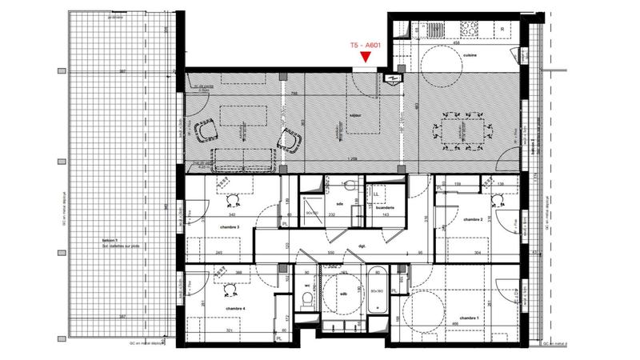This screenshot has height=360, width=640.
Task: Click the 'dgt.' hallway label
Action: tap(362, 246)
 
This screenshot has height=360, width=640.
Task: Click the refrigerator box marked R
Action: tap(502, 29)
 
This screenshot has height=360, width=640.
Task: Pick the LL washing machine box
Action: tap(376, 193)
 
